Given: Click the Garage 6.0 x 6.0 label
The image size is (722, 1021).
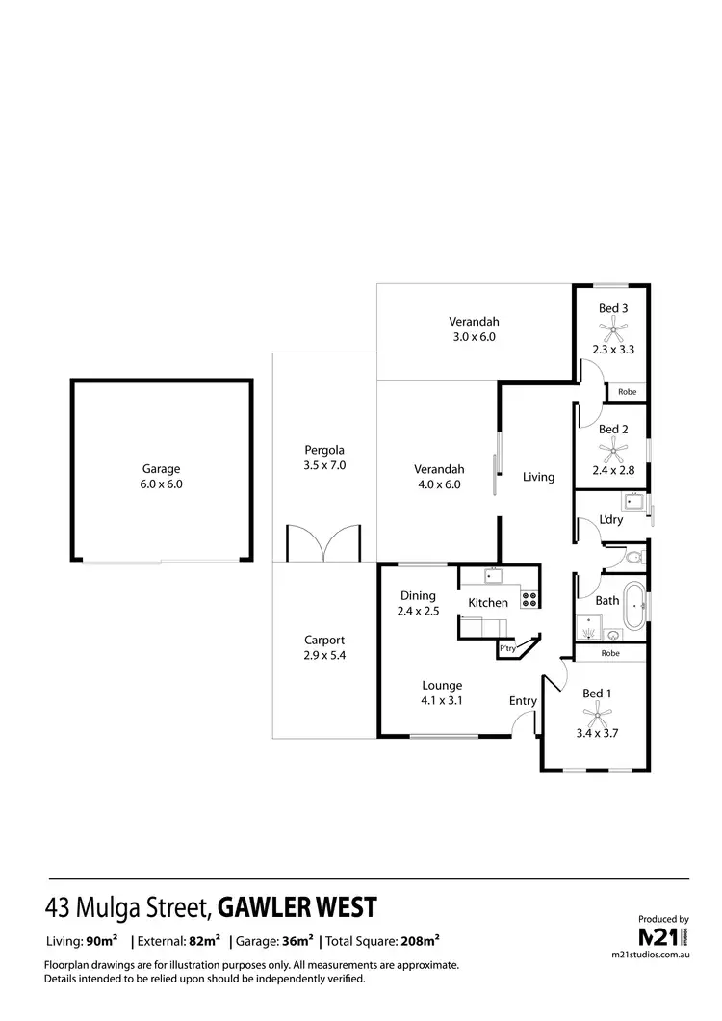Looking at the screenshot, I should tap(162, 477).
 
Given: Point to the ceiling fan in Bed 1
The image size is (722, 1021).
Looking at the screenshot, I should tap(598, 714).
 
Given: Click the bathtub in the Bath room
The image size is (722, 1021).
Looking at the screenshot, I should tap(634, 607).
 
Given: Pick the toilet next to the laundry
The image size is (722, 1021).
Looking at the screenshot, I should tap(632, 557).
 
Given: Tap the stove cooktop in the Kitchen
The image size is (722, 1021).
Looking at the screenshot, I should tap(529, 598).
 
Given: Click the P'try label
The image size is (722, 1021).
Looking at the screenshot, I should tap(507, 650).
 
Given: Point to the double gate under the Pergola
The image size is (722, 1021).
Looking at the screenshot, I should tap(324, 544).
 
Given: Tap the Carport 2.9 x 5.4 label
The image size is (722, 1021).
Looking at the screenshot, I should tap(324, 647).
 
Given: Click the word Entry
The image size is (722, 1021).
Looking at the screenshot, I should tap(523, 701).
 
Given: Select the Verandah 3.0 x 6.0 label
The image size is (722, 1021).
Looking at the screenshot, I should tap(474, 329).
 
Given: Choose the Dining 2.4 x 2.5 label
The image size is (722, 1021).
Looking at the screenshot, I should tap(419, 603).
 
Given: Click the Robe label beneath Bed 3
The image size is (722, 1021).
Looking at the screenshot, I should tap(627, 392).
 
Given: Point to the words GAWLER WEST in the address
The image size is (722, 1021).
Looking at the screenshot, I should tap(297, 907).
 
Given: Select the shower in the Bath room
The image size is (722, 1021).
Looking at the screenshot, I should tap(598, 627).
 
